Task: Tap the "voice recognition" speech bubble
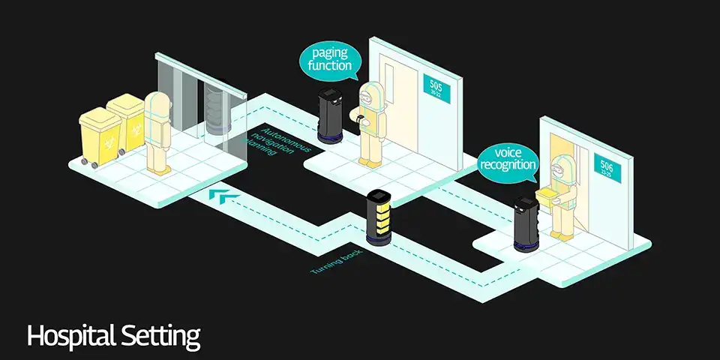tap(508, 158)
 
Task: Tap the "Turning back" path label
tap(337, 262)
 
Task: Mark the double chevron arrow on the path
tap(225, 196)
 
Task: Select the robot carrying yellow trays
tap(379, 217)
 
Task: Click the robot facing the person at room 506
tap(526, 223)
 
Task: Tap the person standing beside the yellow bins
tap(159, 132)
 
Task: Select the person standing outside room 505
tap(368, 123)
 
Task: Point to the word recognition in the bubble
tap(508, 165)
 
